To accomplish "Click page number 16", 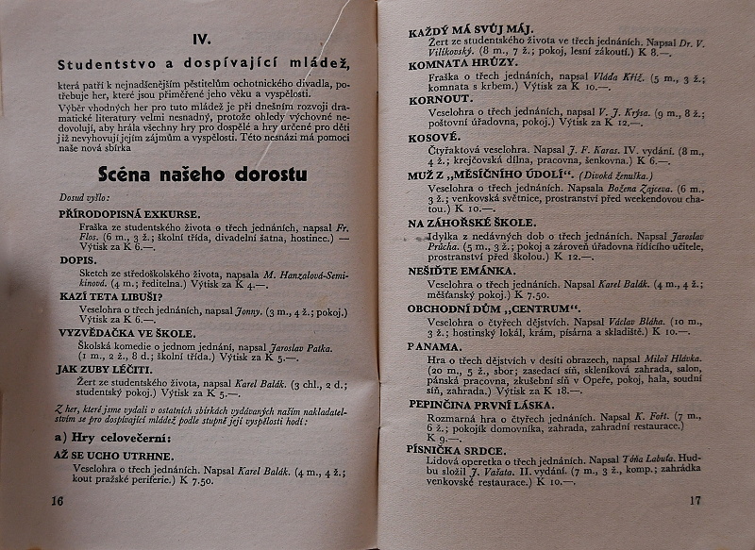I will click(x=58, y=500).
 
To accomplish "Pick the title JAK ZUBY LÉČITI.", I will click(x=98, y=369).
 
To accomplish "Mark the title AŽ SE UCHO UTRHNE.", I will click(x=105, y=454).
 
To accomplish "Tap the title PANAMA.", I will click(x=434, y=346).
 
